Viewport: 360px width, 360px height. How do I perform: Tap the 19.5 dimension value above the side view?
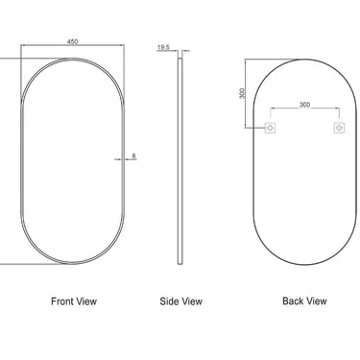point(164,45)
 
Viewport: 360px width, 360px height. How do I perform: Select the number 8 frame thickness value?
point(133,155)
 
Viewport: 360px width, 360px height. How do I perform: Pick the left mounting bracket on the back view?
point(270,128)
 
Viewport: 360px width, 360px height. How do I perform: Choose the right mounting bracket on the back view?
point(338,128)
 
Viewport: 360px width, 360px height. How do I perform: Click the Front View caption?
point(74,301)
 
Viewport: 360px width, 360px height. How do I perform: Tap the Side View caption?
point(180,301)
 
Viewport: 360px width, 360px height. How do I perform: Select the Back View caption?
point(304,301)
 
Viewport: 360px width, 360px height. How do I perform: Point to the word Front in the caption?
point(62,301)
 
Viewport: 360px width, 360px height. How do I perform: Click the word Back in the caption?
point(294,301)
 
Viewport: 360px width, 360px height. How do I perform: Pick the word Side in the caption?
point(170,301)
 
